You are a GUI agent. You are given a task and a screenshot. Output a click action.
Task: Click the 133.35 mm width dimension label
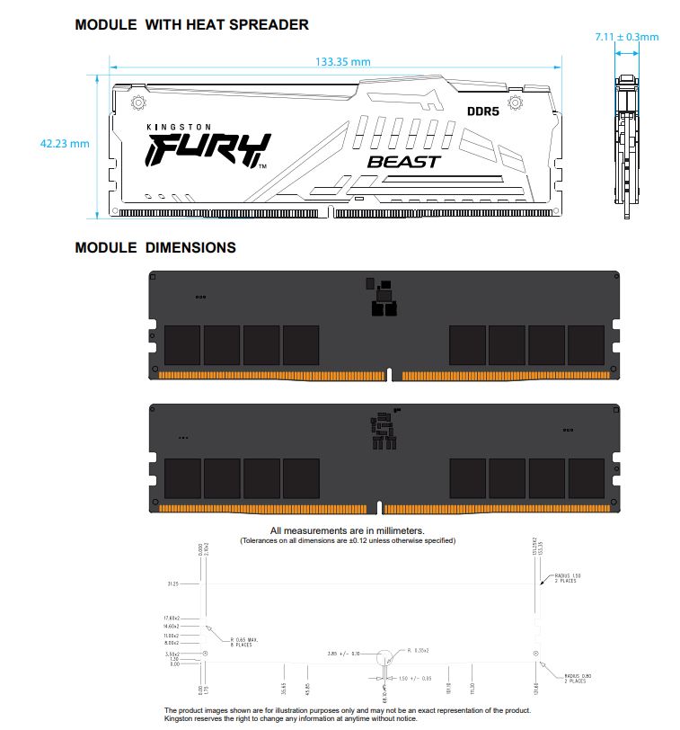pos(343,62)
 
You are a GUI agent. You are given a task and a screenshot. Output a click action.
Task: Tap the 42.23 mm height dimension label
pos(65,144)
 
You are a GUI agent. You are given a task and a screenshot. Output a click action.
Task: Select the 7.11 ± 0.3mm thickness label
pos(626,37)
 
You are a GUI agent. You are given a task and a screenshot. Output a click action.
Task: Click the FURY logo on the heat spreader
pos(207,150)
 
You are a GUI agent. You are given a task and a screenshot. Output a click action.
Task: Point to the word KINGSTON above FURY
pos(179,128)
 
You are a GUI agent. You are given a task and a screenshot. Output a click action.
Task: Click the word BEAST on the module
pos(404,162)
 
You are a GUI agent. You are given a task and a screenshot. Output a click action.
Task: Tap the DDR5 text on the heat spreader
pos(482,111)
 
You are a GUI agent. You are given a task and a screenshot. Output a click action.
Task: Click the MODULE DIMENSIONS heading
pos(155,247)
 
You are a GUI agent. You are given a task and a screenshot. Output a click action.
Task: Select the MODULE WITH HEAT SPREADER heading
pos(191,25)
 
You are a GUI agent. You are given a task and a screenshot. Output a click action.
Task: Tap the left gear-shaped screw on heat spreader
pos(139,103)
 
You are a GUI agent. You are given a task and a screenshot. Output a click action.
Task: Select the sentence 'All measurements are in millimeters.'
pos(347,531)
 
